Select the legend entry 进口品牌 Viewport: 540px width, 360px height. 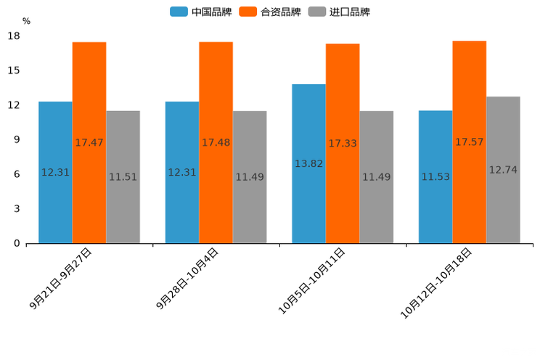339,12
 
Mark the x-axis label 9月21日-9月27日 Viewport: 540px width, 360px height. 62,279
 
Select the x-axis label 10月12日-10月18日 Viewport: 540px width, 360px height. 437,282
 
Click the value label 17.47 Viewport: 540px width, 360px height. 89,143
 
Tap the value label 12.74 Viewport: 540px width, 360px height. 503,170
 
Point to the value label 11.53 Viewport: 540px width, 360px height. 435,177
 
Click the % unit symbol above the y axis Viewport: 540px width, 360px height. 26,21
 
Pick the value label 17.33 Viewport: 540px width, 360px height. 343,144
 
